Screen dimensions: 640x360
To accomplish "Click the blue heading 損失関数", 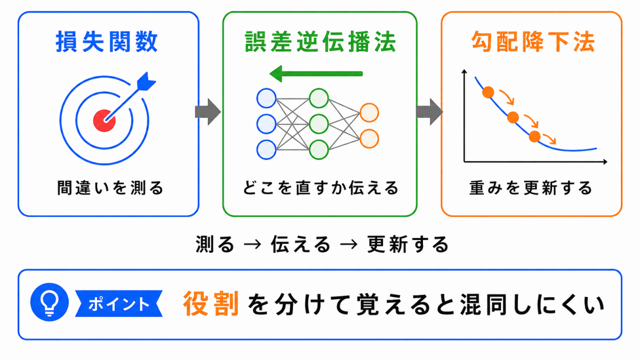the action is pyautogui.click(x=107, y=42).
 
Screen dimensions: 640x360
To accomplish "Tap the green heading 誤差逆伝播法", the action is pyautogui.click(x=321, y=42).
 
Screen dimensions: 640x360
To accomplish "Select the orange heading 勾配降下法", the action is pyautogui.click(x=533, y=42).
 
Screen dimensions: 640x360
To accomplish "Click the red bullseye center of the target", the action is pyautogui.click(x=105, y=121).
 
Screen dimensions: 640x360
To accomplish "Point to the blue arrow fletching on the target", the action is pyautogui.click(x=146, y=82).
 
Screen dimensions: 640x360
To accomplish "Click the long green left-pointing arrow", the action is pyautogui.click(x=316, y=74).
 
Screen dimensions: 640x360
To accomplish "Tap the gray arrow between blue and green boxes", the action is pyautogui.click(x=208, y=111).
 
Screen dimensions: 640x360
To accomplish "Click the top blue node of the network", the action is pyautogui.click(x=266, y=98).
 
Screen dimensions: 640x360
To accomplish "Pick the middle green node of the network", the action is pyautogui.click(x=319, y=124).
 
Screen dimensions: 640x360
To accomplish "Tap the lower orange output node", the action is pyautogui.click(x=370, y=139).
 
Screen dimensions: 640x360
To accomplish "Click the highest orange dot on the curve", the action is pyautogui.click(x=489, y=92).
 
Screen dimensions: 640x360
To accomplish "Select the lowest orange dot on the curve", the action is pyautogui.click(x=534, y=137).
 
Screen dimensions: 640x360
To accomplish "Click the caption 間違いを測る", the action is pyautogui.click(x=110, y=188).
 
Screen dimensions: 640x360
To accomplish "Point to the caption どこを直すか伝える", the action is pyautogui.click(x=321, y=188).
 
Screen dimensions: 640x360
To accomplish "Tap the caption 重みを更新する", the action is pyautogui.click(x=531, y=188).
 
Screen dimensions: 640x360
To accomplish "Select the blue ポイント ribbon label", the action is pyautogui.click(x=119, y=303).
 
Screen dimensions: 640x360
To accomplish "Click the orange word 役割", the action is pyautogui.click(x=211, y=303).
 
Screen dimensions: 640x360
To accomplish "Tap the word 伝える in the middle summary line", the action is pyautogui.click(x=301, y=245).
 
